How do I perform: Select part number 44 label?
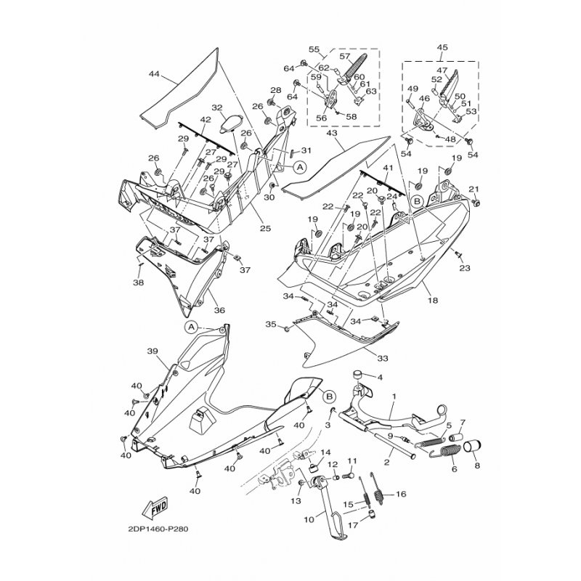153,74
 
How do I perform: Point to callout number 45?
442,49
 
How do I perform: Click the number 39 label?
153,351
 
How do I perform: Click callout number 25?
266,229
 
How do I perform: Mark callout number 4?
379,377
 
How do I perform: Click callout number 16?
401,494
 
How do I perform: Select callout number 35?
270,323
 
